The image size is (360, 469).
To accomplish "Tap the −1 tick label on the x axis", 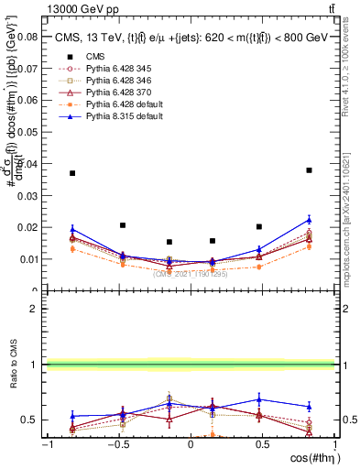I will pyautogui.click(x=46, y=445).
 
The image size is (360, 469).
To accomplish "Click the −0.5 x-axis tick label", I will pyautogui.click(x=117, y=445).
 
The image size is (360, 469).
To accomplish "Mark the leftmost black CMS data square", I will pyautogui.click(x=72, y=173).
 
